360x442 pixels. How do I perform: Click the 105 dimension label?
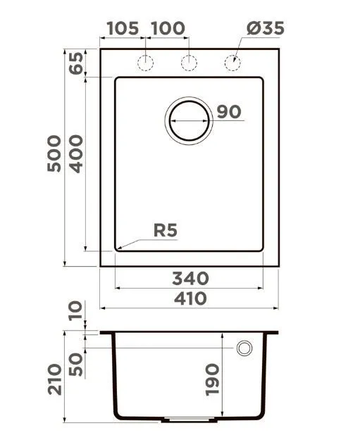tap(123, 28)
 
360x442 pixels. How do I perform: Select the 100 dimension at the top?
tap(168, 28)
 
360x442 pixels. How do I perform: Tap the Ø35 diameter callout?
tap(265, 28)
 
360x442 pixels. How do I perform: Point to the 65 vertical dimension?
tap(77, 63)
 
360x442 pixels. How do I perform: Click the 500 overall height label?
tap(54, 153)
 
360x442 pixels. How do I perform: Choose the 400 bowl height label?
tap(77, 154)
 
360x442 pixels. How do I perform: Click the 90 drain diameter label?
tap(229, 112)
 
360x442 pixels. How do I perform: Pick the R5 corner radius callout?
tap(166, 230)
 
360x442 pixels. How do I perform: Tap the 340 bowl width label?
tap(190, 279)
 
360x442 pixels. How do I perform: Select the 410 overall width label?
tap(190, 298)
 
